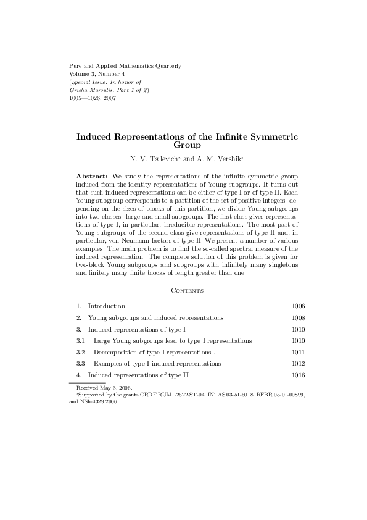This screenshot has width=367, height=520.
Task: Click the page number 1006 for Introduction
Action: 298,306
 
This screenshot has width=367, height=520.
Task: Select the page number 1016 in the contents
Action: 298,375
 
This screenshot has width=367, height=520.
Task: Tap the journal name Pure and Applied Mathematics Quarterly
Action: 115,65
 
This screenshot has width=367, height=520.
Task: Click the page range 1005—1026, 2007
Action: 90,98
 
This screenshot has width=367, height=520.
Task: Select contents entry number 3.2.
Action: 81,352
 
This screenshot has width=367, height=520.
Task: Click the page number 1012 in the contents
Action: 298,364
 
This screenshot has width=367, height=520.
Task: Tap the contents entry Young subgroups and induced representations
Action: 155,317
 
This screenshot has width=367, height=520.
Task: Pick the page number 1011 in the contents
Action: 298,352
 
